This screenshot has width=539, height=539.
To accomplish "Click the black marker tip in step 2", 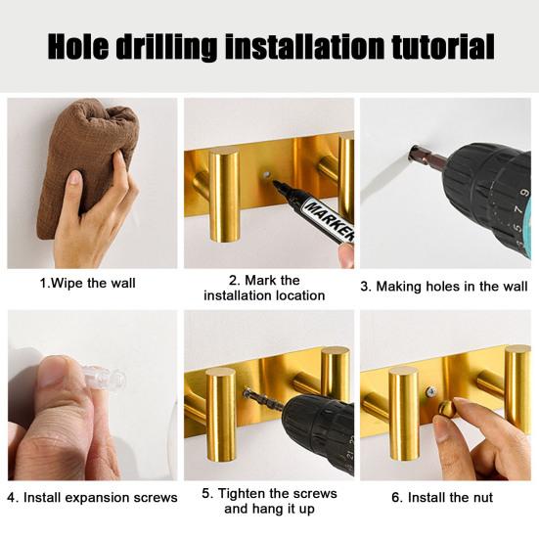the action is coord(277,185).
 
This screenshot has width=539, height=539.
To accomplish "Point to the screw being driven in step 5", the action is coord(263,399).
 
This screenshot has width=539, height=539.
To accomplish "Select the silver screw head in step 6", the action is coord(430,391).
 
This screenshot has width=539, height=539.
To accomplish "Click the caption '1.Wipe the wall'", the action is coord(88,284).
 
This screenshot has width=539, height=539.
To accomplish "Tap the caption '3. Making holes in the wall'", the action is coord(444,287).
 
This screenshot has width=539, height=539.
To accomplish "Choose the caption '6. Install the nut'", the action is coord(442,497).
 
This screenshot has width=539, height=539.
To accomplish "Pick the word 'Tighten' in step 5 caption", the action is coord(242,494).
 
